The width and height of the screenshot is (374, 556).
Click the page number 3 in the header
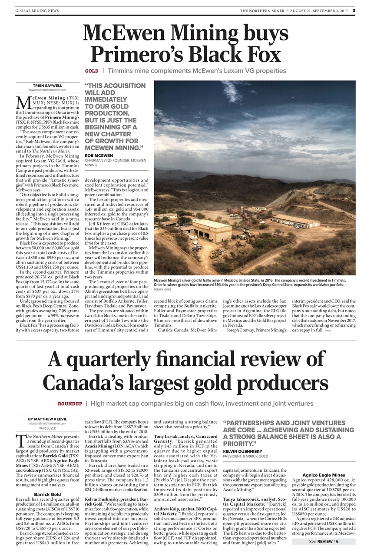(x=354, y=10)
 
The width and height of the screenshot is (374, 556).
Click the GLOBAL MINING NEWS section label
(x=37, y=10)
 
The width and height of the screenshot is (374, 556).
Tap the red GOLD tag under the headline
(x=91, y=71)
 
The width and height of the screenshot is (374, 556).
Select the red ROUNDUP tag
(x=70, y=404)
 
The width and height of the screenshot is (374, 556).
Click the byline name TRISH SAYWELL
(x=47, y=85)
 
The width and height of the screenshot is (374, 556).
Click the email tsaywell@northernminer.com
(x=47, y=90)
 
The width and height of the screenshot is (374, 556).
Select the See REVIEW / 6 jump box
(x=323, y=541)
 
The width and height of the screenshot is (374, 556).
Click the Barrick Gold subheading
(x=47, y=494)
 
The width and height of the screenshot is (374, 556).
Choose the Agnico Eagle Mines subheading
(x=324, y=475)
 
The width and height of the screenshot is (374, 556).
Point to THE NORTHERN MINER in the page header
(x=261, y=10)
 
